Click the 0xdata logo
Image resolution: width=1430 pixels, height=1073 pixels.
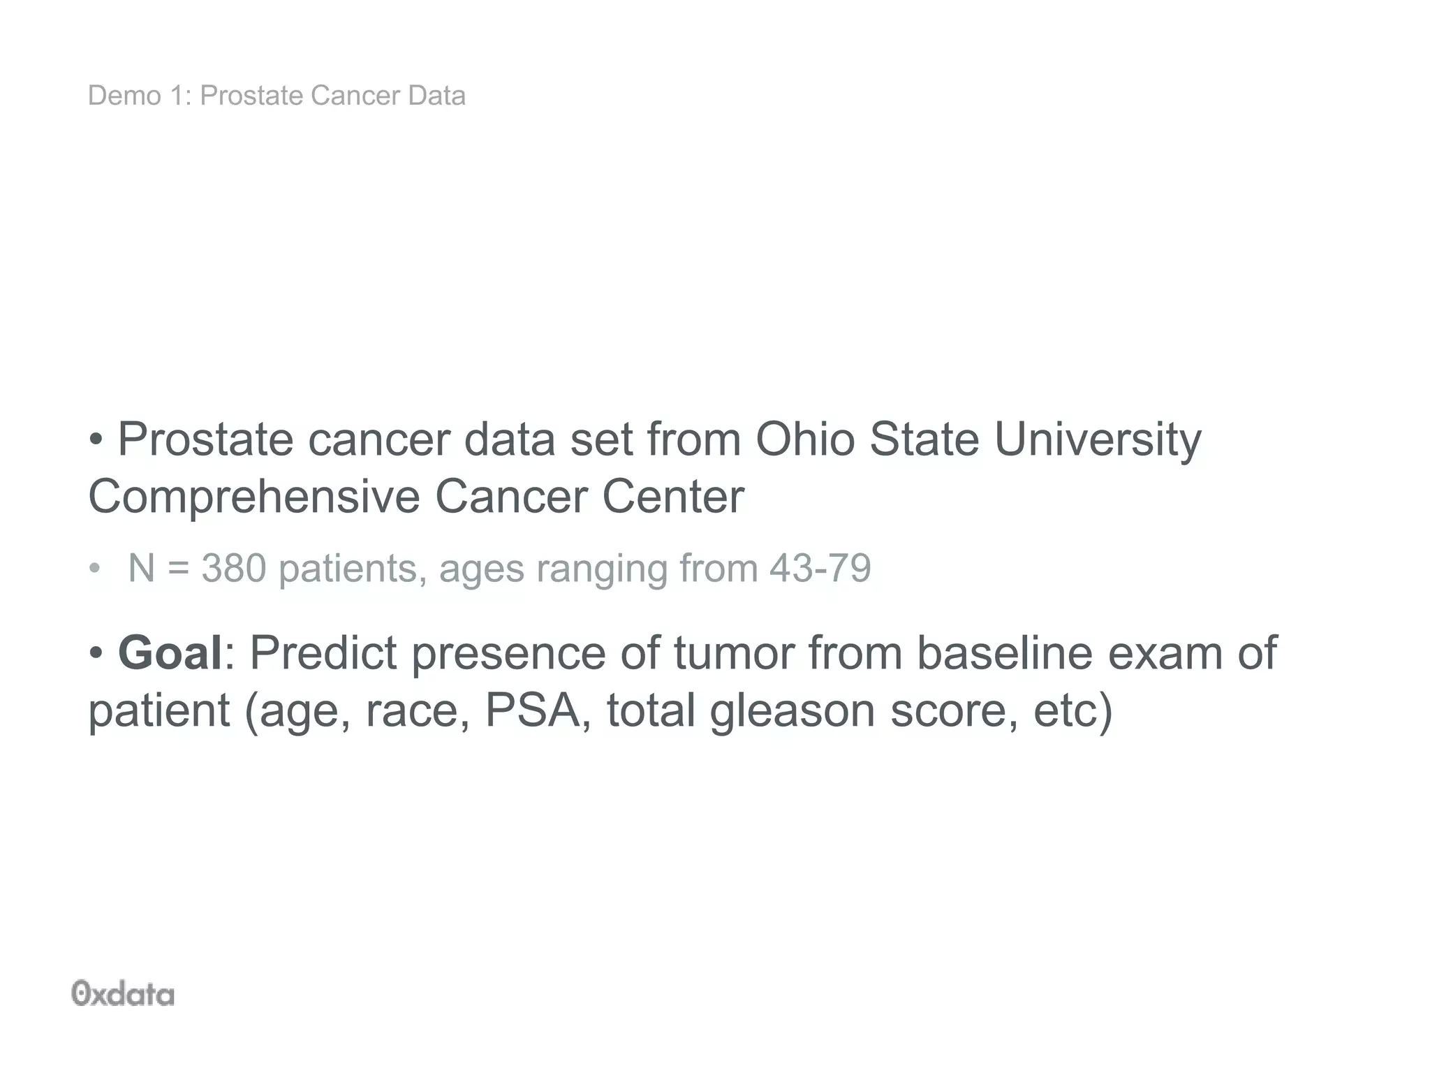(x=123, y=993)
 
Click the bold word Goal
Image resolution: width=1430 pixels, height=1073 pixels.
(x=170, y=653)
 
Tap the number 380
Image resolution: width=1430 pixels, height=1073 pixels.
(x=234, y=568)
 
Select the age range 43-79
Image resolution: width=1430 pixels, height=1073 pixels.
(x=820, y=568)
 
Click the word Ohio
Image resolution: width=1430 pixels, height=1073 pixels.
(x=805, y=439)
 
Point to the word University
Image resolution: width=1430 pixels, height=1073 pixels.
(x=1097, y=441)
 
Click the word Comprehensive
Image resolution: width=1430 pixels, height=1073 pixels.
(x=253, y=497)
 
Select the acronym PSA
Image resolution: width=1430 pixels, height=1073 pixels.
(x=533, y=710)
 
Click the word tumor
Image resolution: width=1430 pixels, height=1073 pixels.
(x=734, y=653)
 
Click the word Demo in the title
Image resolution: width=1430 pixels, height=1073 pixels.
(x=124, y=96)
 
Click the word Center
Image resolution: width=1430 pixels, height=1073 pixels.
(x=673, y=497)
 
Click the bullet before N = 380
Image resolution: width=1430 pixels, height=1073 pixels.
(x=94, y=569)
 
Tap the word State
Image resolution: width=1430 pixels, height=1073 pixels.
(x=924, y=439)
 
